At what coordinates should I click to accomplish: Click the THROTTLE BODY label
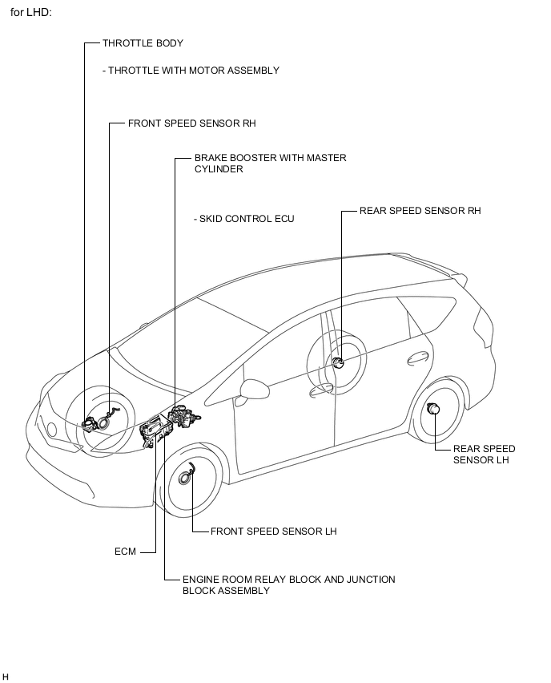(x=143, y=43)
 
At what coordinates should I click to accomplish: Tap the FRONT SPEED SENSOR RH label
(x=192, y=123)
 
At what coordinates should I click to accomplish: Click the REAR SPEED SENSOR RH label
(x=420, y=211)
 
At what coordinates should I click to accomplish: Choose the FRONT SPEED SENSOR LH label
(x=274, y=531)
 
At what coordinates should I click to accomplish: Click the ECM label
(x=126, y=552)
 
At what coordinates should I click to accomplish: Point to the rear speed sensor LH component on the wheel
(x=433, y=409)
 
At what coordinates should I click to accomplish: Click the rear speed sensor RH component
(x=338, y=362)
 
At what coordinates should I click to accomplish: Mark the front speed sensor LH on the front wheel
(x=187, y=475)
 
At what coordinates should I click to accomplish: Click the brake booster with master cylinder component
(x=184, y=417)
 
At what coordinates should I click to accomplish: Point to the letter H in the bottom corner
(x=5, y=676)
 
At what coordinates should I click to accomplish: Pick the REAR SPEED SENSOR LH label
(x=484, y=455)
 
